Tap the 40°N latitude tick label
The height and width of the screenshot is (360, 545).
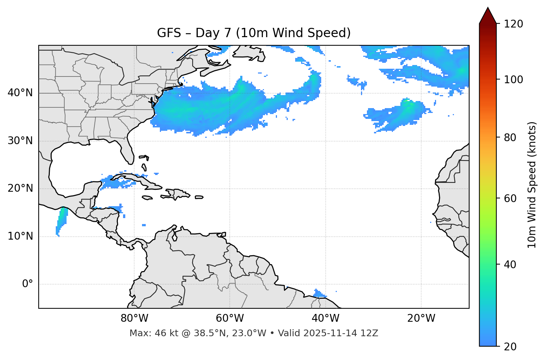(x=20, y=93)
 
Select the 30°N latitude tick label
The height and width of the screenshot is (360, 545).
(x=20, y=141)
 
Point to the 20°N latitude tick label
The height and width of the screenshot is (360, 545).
(x=20, y=188)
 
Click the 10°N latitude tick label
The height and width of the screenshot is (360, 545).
(x=20, y=236)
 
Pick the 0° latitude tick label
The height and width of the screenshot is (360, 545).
(x=28, y=284)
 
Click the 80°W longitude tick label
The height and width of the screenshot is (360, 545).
(x=134, y=318)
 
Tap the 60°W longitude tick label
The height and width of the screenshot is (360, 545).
(x=230, y=318)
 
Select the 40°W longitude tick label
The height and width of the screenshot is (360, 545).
(x=325, y=318)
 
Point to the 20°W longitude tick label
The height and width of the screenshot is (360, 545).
(x=421, y=318)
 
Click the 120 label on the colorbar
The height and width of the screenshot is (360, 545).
(x=513, y=24)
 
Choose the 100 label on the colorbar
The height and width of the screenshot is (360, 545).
(x=513, y=80)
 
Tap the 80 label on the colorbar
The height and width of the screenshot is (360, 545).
(x=510, y=137)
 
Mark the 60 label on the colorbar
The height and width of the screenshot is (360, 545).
(x=510, y=198)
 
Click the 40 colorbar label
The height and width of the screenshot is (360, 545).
(x=510, y=265)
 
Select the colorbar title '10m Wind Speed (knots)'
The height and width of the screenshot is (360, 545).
(x=532, y=185)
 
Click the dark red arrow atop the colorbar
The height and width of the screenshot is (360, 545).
(x=488, y=16)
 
